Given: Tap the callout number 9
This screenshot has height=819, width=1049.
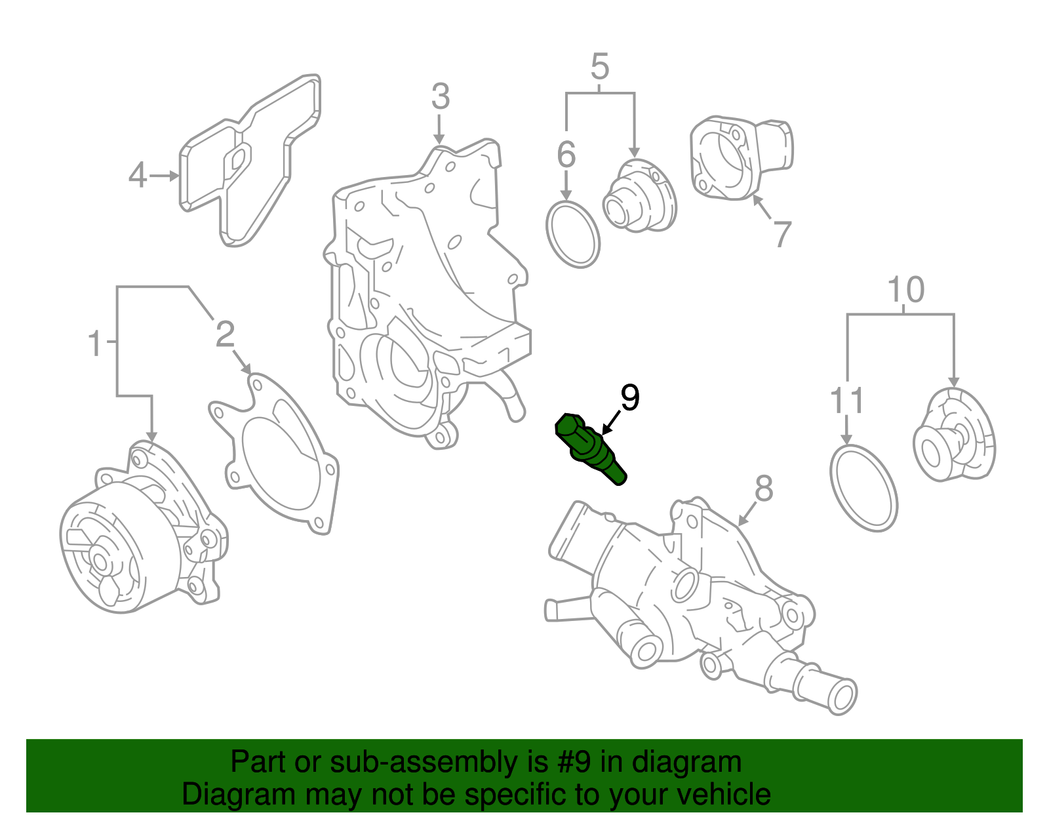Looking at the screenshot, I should pos(629,398).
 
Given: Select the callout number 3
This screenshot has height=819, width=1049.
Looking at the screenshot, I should pos(441,97).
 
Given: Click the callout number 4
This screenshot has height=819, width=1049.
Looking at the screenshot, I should pos(138,175).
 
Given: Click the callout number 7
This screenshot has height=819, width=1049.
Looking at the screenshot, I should pos(782,234).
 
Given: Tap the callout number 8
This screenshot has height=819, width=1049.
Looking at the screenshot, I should pos(764,489).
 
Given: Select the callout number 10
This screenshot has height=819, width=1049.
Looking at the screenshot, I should pos(906,290).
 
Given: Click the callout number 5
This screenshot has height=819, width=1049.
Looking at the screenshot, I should pos(600,67).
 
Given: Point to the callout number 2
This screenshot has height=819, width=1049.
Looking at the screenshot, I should pos(225,335).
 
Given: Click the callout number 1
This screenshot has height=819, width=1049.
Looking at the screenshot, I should pos(96,344).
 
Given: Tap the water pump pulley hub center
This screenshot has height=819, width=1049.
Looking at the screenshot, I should pos(100,561).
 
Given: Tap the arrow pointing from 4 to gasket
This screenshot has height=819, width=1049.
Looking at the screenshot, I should pos(164,176).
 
